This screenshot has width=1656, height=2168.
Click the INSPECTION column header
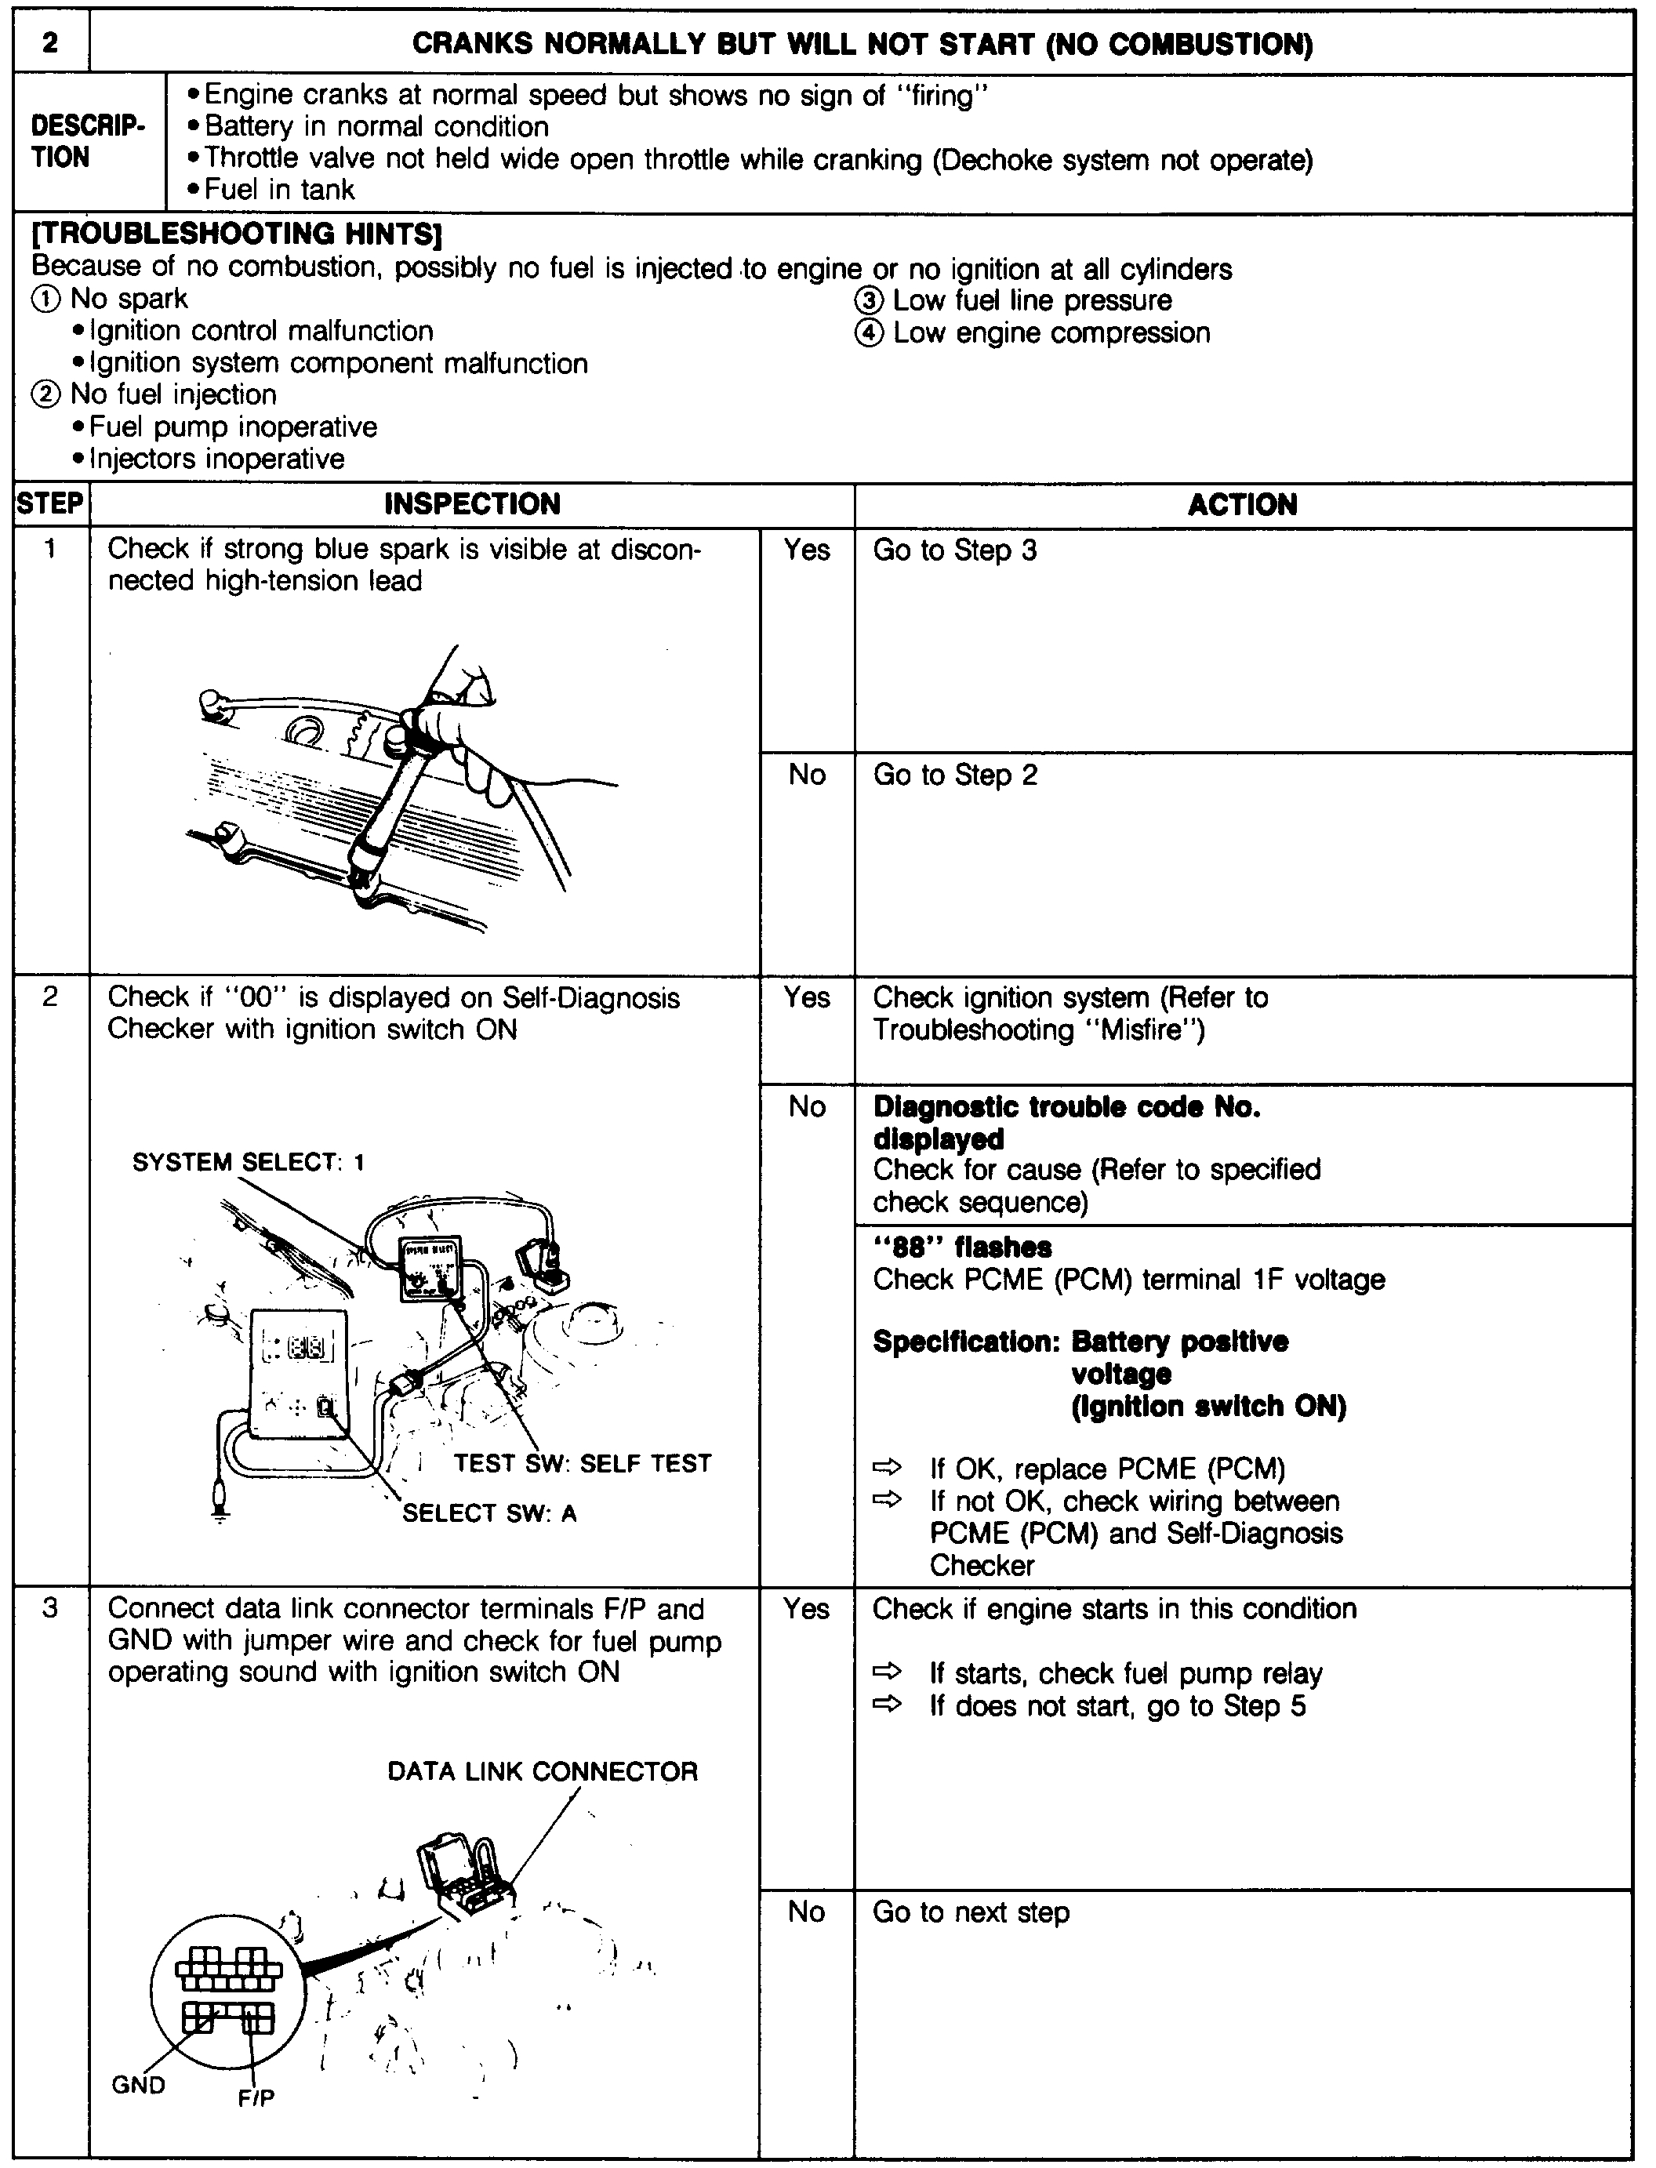click(x=472, y=504)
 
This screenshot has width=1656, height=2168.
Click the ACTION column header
click(x=1242, y=504)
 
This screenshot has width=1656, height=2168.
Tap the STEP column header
click(x=50, y=503)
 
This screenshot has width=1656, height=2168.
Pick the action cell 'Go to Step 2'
click(x=954, y=775)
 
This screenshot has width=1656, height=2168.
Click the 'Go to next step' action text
click(x=970, y=1912)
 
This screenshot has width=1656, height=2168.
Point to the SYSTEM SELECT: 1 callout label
click(x=249, y=1163)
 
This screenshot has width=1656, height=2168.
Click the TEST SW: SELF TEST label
click(x=583, y=1463)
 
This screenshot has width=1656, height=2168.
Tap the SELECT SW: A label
click(x=489, y=1513)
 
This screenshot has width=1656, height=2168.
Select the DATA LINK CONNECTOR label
click(x=542, y=1772)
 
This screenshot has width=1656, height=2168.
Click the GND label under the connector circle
click(x=138, y=2084)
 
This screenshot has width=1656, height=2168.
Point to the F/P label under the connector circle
click(x=256, y=2099)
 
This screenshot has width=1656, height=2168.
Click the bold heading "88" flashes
click(x=962, y=1247)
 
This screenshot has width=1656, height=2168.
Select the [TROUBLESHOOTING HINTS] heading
click(x=237, y=234)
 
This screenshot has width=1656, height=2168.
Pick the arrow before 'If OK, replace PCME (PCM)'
click(x=887, y=1469)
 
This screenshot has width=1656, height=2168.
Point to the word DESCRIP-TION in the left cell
click(x=88, y=142)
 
